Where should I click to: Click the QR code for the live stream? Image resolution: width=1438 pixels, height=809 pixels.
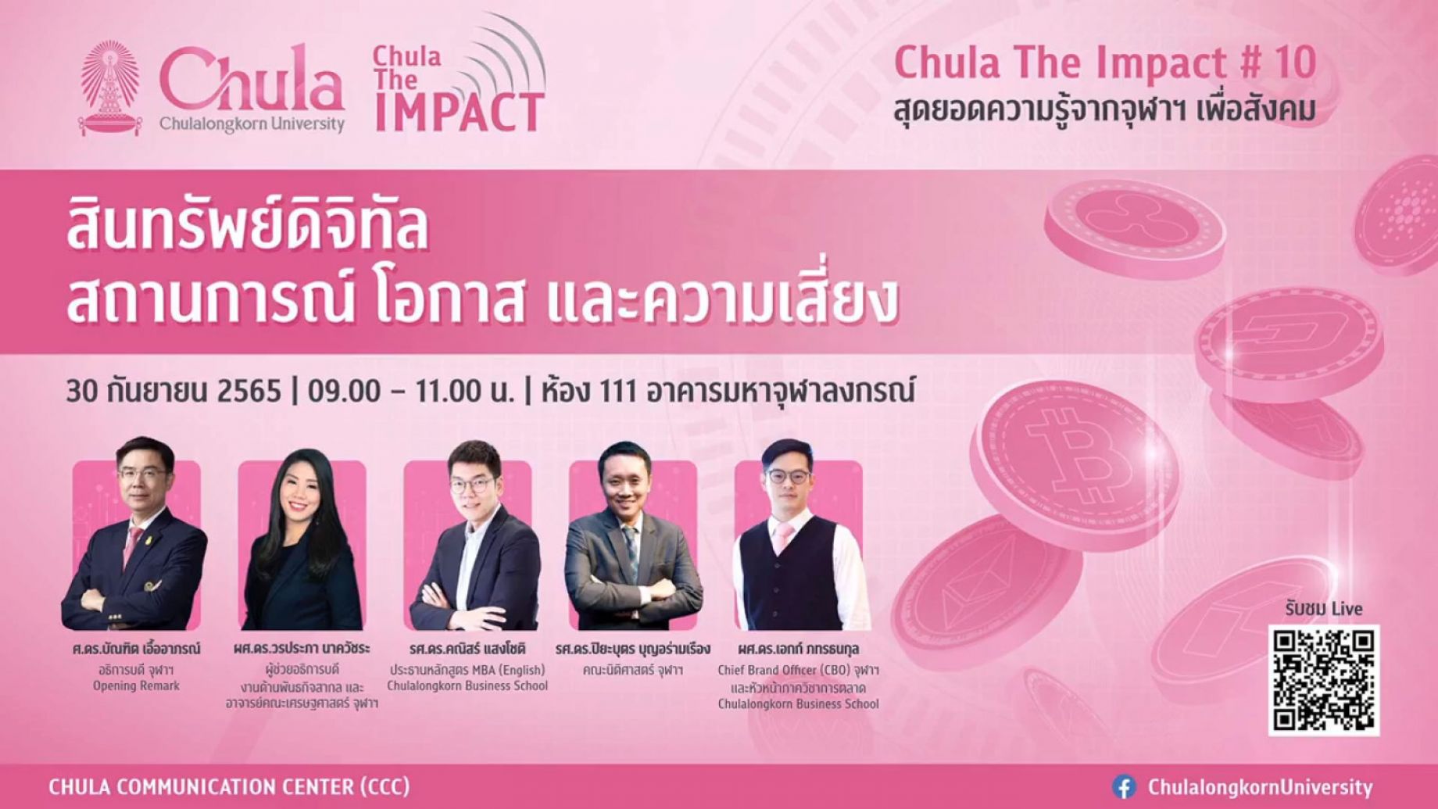[x=1323, y=680]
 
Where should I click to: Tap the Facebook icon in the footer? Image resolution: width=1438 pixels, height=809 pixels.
[x=1125, y=786]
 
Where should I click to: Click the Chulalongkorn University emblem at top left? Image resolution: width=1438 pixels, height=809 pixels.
[x=111, y=88]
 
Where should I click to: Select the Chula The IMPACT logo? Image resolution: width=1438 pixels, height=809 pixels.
[x=459, y=77]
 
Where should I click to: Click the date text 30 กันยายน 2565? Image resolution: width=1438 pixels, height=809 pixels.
[x=173, y=391]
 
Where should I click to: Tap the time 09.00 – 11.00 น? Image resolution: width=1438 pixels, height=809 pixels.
[x=411, y=391]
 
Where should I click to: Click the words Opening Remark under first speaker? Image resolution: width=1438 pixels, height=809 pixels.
[x=136, y=686]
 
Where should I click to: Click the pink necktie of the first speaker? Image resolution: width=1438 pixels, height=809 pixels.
[x=132, y=545]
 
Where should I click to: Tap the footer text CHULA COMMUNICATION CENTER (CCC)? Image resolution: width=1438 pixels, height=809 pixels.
[x=229, y=786]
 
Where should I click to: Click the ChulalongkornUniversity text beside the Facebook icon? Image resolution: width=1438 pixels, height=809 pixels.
[x=1260, y=787]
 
